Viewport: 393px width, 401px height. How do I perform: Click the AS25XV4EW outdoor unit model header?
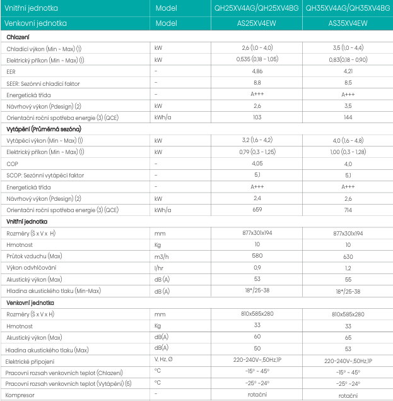tap(257, 22)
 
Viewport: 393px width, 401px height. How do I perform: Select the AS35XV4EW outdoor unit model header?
tap(348, 22)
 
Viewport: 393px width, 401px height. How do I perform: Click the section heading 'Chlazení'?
tap(18, 37)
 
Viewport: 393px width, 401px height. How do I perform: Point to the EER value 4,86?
tap(257, 71)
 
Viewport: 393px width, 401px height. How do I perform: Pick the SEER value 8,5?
tap(348, 83)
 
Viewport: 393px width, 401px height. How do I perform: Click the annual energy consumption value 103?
tap(257, 117)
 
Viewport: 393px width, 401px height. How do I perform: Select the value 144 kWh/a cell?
tap(348, 117)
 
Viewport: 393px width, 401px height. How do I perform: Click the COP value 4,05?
tap(257, 164)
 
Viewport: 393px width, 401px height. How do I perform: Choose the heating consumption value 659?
tap(257, 210)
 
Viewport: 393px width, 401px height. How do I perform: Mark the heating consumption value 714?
tap(348, 210)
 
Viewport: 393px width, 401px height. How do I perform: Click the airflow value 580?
tap(257, 256)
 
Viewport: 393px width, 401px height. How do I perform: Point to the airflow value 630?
tap(348, 256)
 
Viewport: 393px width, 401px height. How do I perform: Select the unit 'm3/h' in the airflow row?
tap(161, 256)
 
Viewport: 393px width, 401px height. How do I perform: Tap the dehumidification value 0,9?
tap(257, 267)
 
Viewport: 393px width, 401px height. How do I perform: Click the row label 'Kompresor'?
tap(20, 395)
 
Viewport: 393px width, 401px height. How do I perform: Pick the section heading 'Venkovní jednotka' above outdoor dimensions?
tap(29, 302)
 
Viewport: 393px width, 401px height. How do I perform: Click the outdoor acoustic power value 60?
tap(257, 337)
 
